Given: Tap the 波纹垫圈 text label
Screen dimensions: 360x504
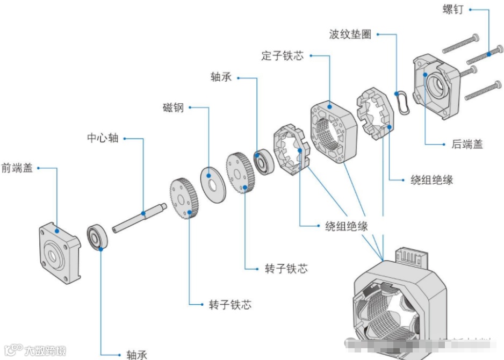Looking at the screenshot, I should [350, 34].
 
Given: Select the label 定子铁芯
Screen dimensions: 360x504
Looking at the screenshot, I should [282, 55].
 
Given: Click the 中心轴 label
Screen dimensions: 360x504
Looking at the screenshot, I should [103, 138].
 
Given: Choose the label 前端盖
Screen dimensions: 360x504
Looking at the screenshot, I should [17, 168].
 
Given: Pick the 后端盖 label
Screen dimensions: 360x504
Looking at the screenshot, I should [467, 144].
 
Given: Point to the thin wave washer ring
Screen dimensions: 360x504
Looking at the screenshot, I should [403, 100].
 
